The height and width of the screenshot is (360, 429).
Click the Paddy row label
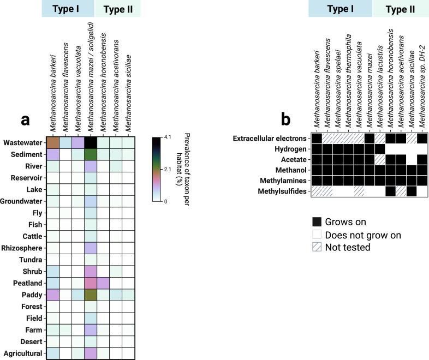pyautogui.click(x=29, y=295)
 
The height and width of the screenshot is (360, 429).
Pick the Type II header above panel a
pyautogui.click(x=117, y=9)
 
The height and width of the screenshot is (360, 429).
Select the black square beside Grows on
pyautogui.click(x=317, y=222)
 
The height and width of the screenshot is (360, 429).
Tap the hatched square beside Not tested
pyautogui.click(x=317, y=247)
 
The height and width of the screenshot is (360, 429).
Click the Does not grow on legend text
pyautogui.click(x=363, y=235)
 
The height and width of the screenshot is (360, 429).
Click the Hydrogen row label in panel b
pyautogui.click(x=291, y=148)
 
